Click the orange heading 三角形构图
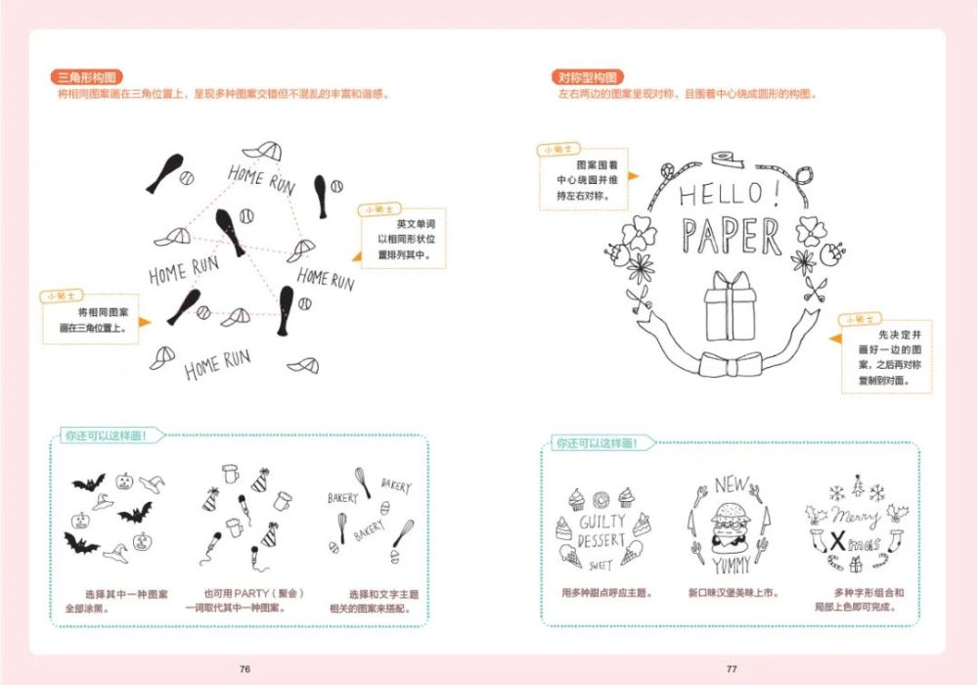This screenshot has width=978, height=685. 86,77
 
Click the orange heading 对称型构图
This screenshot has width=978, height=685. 588,77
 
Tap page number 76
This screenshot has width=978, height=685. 244,668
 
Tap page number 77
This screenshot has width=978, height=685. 731,668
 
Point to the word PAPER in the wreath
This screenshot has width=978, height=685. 732,237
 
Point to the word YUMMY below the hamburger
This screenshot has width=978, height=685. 731,565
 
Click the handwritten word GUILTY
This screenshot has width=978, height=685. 601,523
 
